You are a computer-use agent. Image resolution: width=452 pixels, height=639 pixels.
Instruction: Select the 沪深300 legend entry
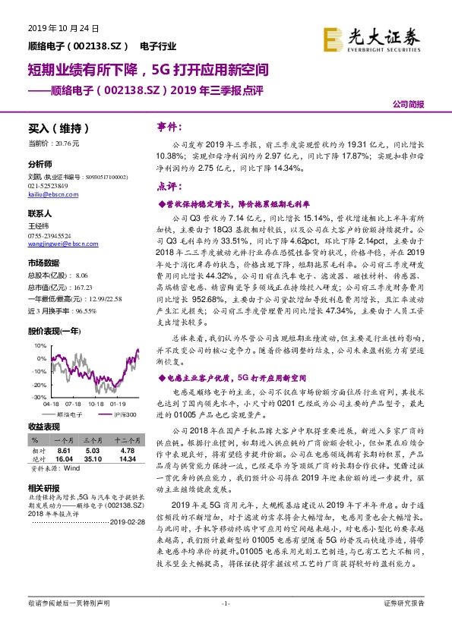point(122,414)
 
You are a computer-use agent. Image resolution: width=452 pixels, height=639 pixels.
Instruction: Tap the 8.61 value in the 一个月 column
point(64,450)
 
